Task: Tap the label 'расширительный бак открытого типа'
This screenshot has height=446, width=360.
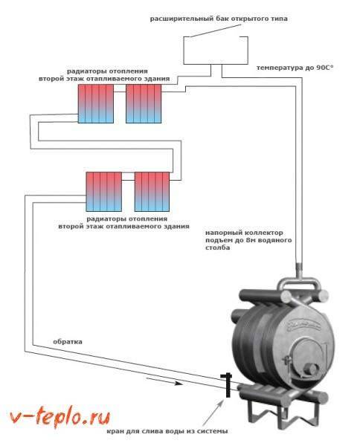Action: pyautogui.click(x=219, y=19)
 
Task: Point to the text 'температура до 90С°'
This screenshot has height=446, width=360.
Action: pyautogui.click(x=295, y=68)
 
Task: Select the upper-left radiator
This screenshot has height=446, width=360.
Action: pyautogui.click(x=96, y=103)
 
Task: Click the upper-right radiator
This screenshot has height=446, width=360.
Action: pyautogui.click(x=144, y=103)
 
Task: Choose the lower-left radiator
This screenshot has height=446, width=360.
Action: pyautogui.click(x=104, y=192)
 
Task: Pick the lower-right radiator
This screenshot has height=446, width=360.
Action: pyautogui.click(x=152, y=192)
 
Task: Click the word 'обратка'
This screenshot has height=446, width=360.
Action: pyautogui.click(x=68, y=342)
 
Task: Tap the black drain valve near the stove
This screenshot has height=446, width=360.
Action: pyautogui.click(x=228, y=385)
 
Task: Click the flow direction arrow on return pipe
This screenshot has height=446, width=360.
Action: pyautogui.click(x=164, y=381)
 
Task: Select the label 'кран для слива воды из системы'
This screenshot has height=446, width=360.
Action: pyautogui.click(x=167, y=431)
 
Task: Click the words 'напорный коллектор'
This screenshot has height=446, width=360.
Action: pyautogui.click(x=244, y=233)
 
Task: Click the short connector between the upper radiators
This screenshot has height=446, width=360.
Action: pyautogui.click(x=120, y=92)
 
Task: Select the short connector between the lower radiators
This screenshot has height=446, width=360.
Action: pyautogui.click(x=128, y=180)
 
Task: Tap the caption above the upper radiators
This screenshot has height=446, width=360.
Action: pyautogui.click(x=104, y=75)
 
